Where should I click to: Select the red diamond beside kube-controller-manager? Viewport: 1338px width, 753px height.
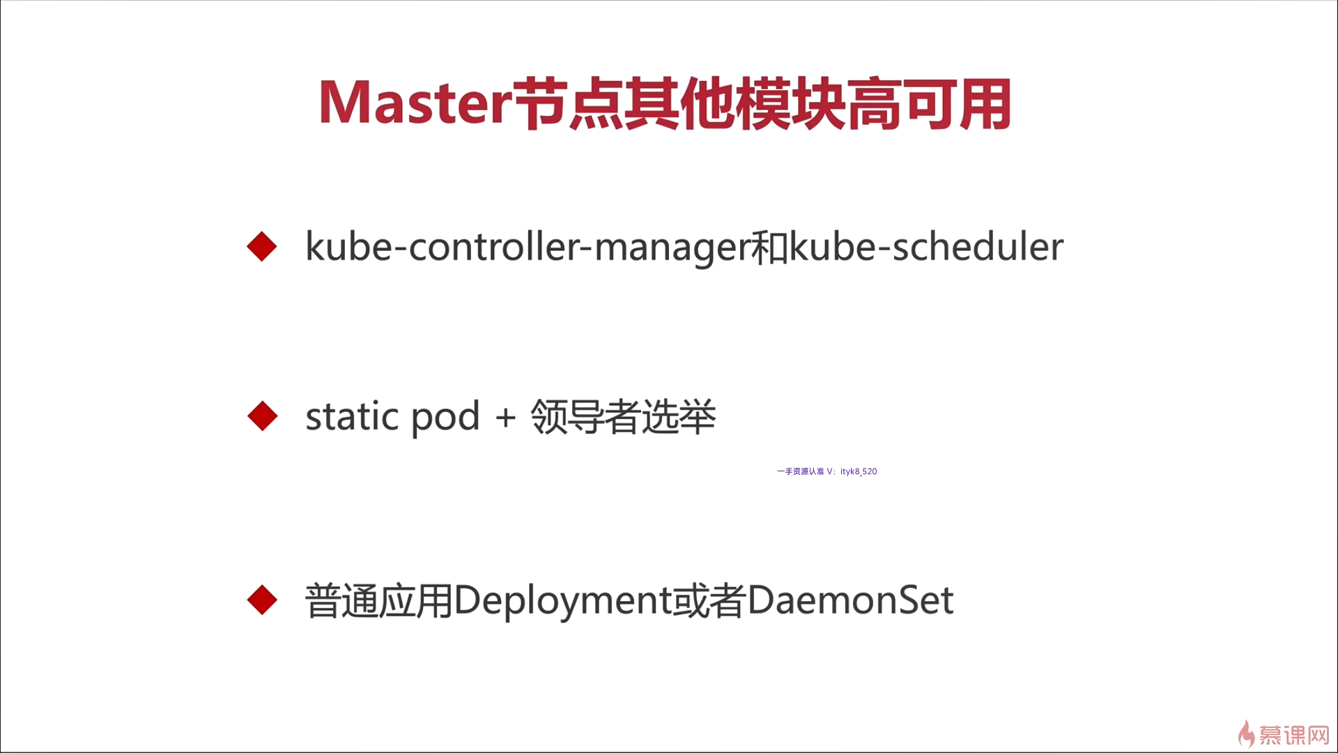(262, 247)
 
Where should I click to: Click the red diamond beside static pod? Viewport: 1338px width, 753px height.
(262, 416)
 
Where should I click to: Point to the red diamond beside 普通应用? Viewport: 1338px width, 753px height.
(262, 600)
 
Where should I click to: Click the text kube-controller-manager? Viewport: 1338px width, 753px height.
(528, 248)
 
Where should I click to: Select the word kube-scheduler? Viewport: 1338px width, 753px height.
(927, 247)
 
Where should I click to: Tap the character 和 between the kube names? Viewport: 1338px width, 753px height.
(769, 248)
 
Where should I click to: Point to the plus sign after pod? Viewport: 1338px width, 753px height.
(505, 418)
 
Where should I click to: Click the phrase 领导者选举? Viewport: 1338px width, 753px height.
(623, 417)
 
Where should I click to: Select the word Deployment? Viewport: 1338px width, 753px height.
(562, 601)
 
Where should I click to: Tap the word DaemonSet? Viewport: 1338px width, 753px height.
(850, 600)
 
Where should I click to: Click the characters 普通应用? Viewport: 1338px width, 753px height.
(379, 601)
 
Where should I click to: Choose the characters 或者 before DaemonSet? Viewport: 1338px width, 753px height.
(709, 601)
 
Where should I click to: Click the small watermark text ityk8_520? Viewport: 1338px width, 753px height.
(859, 471)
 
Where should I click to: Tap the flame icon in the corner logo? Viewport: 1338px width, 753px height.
(1247, 734)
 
